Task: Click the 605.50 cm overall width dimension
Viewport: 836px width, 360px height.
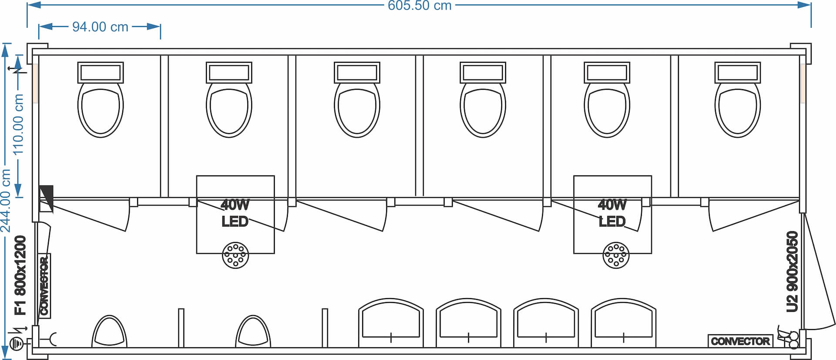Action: click(419, 6)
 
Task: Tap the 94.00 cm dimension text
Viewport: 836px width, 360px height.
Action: click(100, 27)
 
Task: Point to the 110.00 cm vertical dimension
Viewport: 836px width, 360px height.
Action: click(18, 124)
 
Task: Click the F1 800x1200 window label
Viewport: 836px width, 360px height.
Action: click(20, 275)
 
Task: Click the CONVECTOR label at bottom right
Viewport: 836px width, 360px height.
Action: click(740, 341)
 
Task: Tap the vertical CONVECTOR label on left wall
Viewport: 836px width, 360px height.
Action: click(44, 286)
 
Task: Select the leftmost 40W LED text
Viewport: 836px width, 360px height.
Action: click(235, 213)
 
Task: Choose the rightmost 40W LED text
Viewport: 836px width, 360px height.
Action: click(612, 213)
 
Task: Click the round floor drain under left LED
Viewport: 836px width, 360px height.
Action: click(236, 255)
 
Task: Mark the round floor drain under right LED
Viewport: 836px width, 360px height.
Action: click(616, 255)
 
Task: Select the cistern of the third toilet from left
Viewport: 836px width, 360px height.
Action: click(357, 72)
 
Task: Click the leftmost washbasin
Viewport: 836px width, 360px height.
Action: click(391, 322)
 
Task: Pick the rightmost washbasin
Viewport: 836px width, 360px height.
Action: click(624, 322)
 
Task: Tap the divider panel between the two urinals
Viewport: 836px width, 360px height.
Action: click(181, 327)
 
